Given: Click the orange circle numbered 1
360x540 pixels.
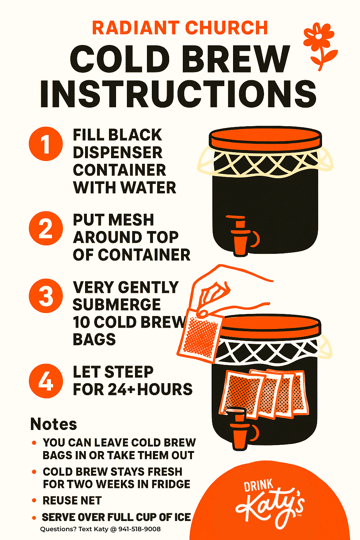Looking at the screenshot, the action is (x=46, y=144).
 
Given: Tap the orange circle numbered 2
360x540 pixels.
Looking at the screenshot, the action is (x=46, y=228).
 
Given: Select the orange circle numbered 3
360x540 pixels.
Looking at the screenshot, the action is (x=46, y=296).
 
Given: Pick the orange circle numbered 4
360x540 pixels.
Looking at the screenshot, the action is (x=46, y=381).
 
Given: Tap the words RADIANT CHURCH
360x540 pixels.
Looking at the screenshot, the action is (x=180, y=28).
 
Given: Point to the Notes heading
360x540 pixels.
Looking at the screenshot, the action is (x=53, y=424).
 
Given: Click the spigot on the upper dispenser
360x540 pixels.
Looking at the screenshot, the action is (x=242, y=236).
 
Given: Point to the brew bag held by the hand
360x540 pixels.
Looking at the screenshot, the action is (x=199, y=335).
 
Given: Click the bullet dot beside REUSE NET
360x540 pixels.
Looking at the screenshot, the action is (x=34, y=501).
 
